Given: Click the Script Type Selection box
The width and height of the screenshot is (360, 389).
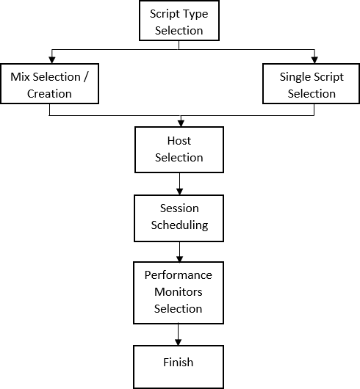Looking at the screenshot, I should [179, 21].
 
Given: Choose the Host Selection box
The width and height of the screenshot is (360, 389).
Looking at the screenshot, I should [179, 149].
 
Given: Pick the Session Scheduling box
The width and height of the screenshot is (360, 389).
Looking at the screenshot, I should [179, 217].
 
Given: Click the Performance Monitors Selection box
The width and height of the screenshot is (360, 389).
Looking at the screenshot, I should [179, 292].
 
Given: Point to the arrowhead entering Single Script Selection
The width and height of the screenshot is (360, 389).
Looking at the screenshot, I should [314, 60].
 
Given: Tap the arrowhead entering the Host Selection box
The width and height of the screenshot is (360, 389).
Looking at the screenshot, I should [179, 122].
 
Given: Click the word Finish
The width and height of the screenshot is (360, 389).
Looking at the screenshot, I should [179, 363].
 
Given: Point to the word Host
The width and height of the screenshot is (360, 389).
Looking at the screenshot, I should [179, 140].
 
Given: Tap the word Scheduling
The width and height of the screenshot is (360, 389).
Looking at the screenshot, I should [179, 225].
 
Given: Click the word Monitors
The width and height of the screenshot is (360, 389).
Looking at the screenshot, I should [179, 291].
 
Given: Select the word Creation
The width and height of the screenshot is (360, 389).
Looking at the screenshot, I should [49, 93].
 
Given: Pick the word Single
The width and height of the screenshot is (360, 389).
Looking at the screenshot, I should [296, 76].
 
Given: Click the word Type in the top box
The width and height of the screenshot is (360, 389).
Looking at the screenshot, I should [194, 14].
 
